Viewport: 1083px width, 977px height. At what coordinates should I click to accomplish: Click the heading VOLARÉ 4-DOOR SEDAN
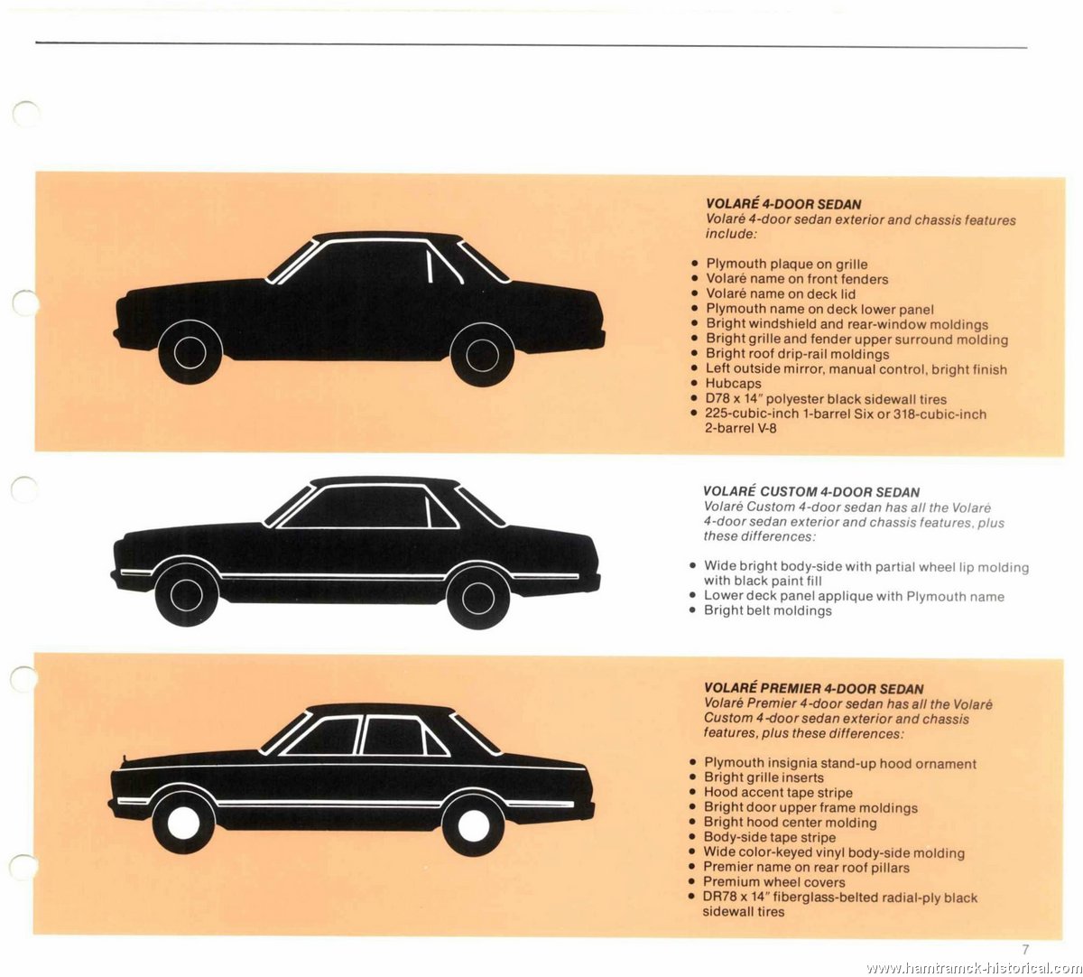click(x=783, y=204)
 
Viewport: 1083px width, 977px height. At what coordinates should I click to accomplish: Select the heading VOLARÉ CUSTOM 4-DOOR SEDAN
click(x=811, y=492)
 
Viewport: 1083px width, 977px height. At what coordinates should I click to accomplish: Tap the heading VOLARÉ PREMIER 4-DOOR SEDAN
click(x=813, y=688)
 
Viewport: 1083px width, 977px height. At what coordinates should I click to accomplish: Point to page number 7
click(x=1024, y=949)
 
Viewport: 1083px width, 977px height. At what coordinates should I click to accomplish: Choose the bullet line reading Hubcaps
click(x=733, y=384)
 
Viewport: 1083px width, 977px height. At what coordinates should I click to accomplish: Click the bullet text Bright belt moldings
click(x=767, y=611)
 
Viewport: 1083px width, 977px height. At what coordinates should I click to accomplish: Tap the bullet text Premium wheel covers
click(x=774, y=882)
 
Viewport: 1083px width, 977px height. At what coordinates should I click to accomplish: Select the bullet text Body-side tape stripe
click(x=769, y=838)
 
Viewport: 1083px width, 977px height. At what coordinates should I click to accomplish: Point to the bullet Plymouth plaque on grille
click(x=787, y=265)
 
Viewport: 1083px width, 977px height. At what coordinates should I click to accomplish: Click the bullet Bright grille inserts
click(x=764, y=777)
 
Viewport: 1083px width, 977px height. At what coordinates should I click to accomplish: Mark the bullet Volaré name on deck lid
click(x=781, y=294)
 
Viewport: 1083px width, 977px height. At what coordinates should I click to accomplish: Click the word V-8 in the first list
click(x=765, y=429)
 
